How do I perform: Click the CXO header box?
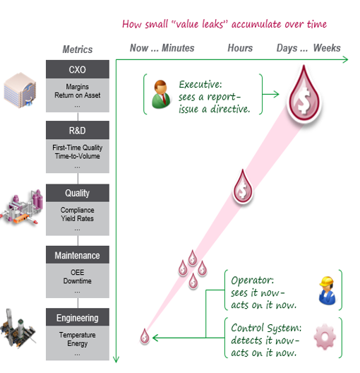click(x=78, y=69)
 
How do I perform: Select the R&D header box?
click(x=78, y=130)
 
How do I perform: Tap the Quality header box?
click(x=78, y=193)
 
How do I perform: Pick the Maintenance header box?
click(x=78, y=255)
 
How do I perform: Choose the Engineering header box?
click(x=78, y=317)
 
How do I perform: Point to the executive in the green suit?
click(x=162, y=94)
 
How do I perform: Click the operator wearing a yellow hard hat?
click(x=328, y=290)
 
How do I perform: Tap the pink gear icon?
click(x=325, y=336)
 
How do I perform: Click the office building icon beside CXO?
click(x=20, y=90)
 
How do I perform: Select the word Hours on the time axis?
click(x=240, y=48)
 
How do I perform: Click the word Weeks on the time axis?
click(x=327, y=48)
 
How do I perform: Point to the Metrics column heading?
click(x=78, y=49)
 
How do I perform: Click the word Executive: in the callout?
click(x=200, y=85)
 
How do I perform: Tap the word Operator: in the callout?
click(x=253, y=280)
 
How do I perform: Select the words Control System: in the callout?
click(x=266, y=328)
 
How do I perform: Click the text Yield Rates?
click(x=78, y=218)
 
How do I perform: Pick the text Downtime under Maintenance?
click(x=78, y=281)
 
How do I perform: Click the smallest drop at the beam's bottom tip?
click(x=145, y=336)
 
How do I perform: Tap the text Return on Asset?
click(x=78, y=95)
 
